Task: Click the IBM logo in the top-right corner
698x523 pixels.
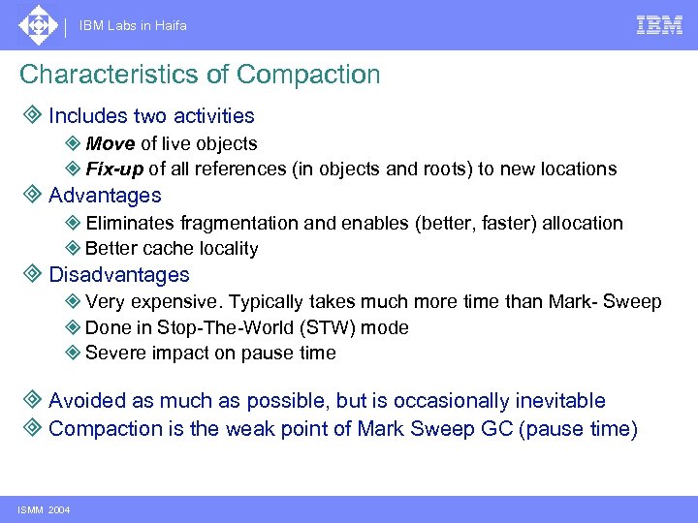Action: (659, 25)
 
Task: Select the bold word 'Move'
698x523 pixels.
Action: (111, 143)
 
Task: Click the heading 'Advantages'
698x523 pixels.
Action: (105, 195)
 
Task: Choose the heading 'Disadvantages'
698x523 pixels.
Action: (119, 275)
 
